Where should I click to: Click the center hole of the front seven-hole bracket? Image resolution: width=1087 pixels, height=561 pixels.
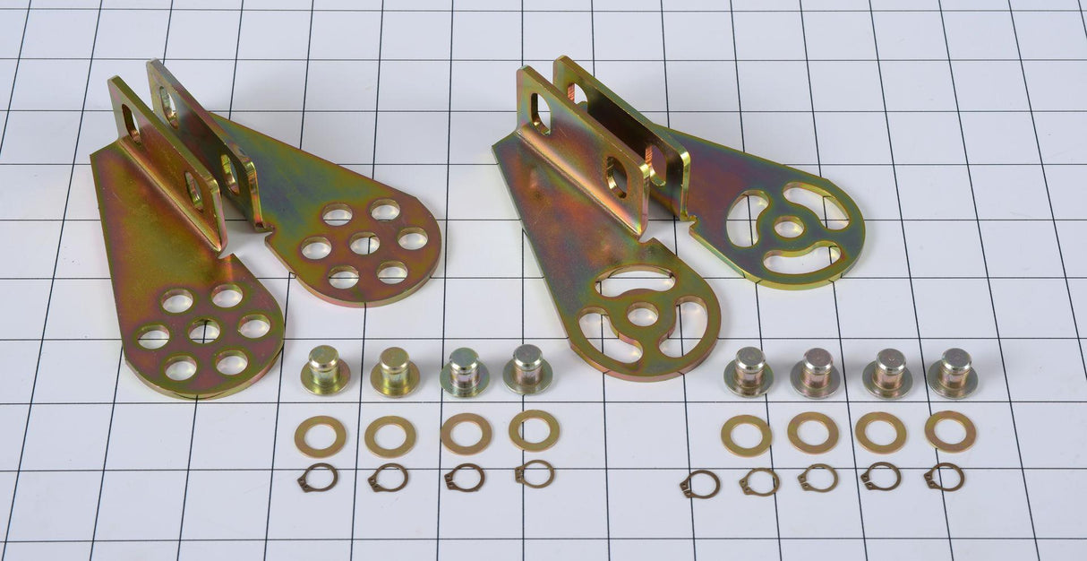click(204, 331)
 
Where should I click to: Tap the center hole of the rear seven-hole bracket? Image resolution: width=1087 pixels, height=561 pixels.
click(364, 243)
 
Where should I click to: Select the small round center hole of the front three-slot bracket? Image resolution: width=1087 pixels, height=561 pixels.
click(642, 314)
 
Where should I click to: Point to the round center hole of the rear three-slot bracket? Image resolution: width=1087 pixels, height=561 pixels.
click(788, 227)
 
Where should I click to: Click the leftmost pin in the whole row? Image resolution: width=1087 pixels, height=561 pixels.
click(324, 369)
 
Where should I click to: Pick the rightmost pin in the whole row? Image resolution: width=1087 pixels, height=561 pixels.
click(954, 372)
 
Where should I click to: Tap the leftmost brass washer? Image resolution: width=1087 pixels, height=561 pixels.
click(320, 436)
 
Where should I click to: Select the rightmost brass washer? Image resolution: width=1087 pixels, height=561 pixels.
click(950, 431)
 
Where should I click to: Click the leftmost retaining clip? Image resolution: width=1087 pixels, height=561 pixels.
click(318, 478)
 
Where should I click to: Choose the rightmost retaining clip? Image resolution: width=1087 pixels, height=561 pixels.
click(945, 476)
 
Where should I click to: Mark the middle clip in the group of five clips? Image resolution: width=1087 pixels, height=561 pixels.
click(818, 478)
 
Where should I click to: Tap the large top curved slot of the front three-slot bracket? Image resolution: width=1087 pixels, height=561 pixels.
click(636, 281)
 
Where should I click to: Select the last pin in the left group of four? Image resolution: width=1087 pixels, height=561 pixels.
click(526, 368)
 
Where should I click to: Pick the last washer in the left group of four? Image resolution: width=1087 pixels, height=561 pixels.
click(535, 430)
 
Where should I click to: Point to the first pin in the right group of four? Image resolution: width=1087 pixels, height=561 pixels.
click(749, 371)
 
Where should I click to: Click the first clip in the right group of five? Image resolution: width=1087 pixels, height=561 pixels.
click(699, 484)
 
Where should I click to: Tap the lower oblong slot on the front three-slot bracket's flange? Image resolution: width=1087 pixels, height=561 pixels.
click(618, 177)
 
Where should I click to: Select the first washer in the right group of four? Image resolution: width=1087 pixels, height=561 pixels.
click(747, 436)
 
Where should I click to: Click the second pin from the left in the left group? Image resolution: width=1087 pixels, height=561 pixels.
click(395, 371)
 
